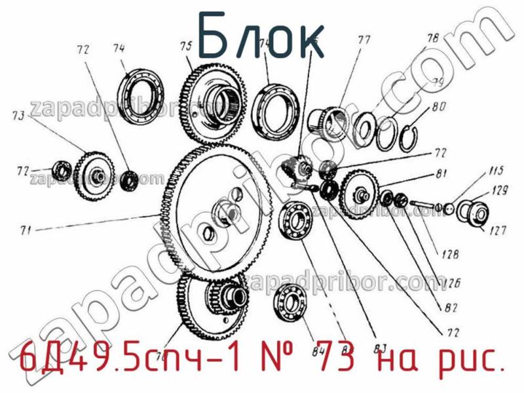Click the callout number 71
(x=26, y=230)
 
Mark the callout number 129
(x=500, y=190)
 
